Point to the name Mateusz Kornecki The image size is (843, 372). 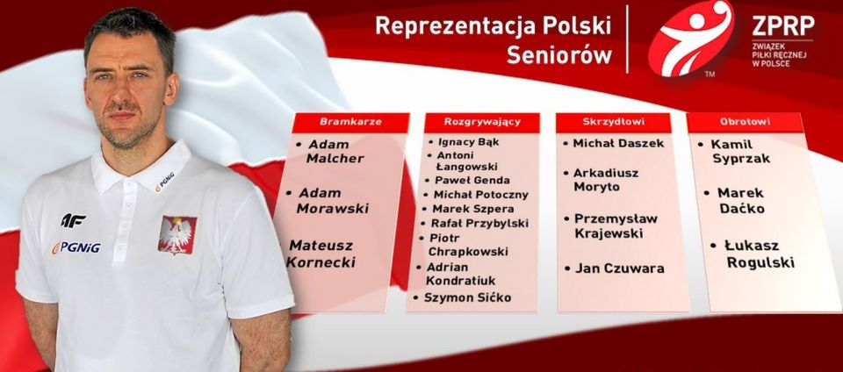[x=321, y=254]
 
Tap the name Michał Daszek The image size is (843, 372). [x=615, y=143]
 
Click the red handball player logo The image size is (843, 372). [x=690, y=38]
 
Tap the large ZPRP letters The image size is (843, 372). [x=783, y=25]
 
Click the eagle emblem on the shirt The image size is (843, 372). [x=177, y=234]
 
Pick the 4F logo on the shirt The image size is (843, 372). [x=73, y=219]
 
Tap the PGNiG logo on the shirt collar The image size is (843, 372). [x=165, y=182]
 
